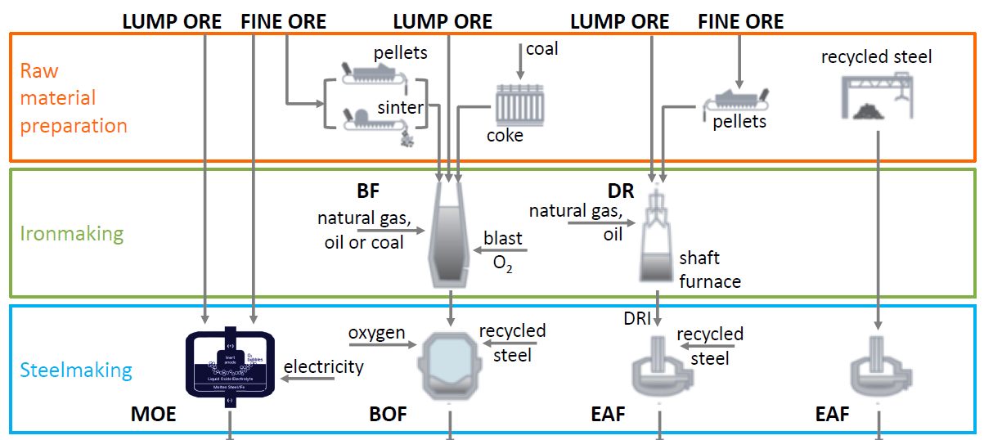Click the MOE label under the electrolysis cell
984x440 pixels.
pos(153,415)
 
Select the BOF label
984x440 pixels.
pos(388,415)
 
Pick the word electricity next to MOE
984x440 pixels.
pos(323,366)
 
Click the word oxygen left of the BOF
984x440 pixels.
pos(376,333)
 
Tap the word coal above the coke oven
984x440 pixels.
pos(541,49)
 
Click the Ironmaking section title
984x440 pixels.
pos(72,234)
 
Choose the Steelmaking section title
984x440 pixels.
pos(76,370)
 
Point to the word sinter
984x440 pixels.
pos(401,107)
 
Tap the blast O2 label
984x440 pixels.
pos(503,250)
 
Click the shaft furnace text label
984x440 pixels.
pos(709,269)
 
